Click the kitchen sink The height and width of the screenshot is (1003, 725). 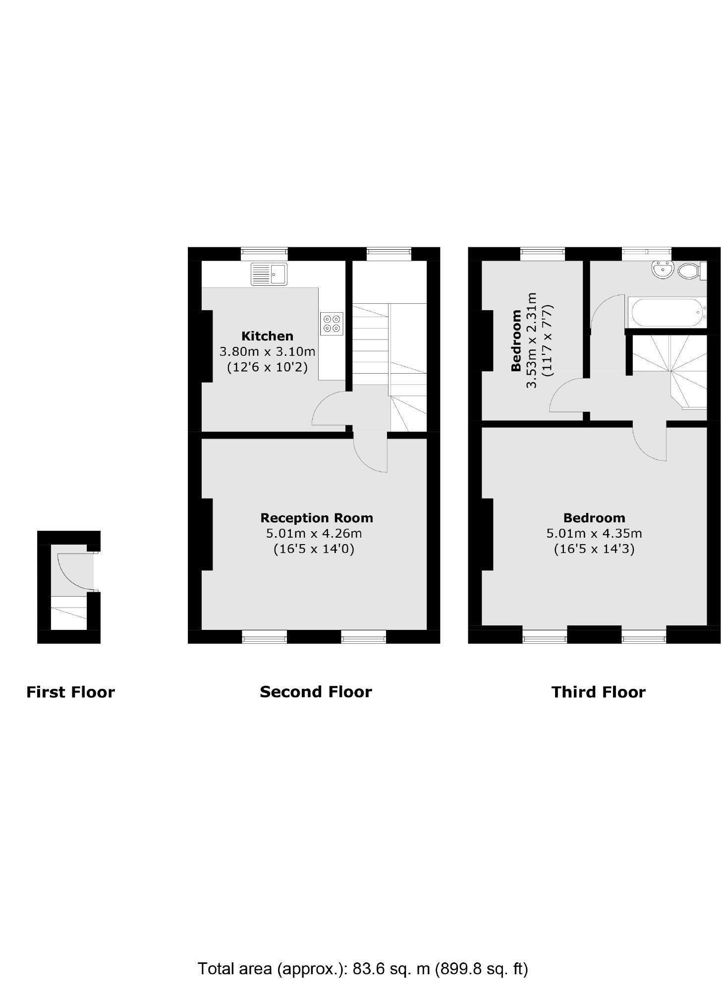(x=269, y=274)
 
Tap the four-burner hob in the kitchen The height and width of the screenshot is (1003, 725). (x=332, y=323)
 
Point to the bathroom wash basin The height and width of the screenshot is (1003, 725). (x=663, y=271)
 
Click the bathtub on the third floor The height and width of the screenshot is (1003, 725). (x=666, y=312)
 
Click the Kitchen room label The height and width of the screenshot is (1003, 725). (x=267, y=336)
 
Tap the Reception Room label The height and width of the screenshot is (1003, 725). (x=317, y=518)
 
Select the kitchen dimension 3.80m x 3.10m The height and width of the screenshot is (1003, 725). (x=267, y=352)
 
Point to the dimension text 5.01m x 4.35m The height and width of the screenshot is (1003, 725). (x=594, y=533)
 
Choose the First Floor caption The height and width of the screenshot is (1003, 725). (x=70, y=692)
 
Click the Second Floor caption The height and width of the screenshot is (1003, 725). (x=316, y=692)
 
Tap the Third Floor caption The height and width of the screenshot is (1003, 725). (x=598, y=692)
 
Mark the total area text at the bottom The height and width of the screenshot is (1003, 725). (x=363, y=968)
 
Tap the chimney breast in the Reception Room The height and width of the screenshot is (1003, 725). (x=207, y=534)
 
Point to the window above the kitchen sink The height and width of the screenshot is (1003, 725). (x=264, y=254)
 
